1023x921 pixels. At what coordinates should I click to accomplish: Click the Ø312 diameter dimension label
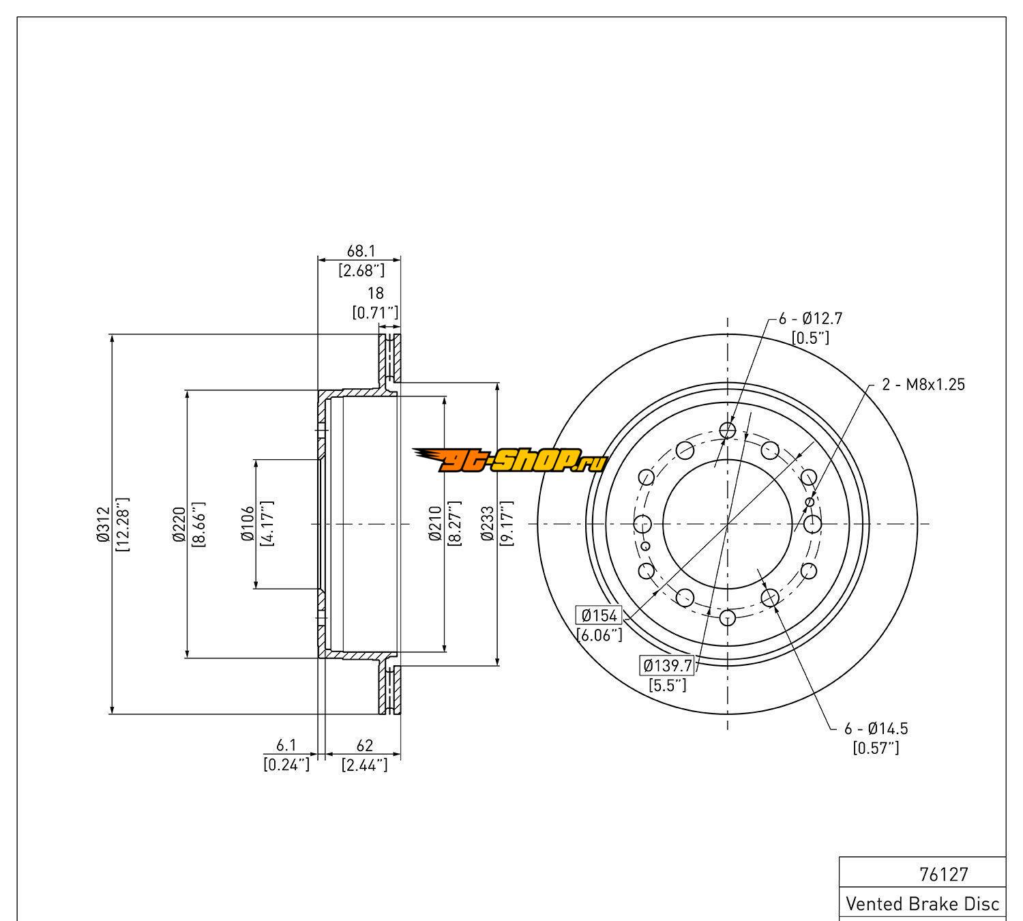tap(103, 525)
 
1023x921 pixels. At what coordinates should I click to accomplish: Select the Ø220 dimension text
tap(179, 525)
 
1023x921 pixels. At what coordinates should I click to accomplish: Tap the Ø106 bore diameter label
tap(248, 524)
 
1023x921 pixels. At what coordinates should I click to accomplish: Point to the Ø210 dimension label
tap(436, 525)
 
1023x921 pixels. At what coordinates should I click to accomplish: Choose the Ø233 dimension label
tap(488, 525)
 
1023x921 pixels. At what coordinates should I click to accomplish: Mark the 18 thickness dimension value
tap(376, 293)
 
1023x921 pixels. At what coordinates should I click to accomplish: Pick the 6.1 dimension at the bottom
tap(286, 746)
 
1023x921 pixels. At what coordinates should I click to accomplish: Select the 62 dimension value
tap(364, 746)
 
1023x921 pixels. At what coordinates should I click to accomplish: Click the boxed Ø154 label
tap(599, 615)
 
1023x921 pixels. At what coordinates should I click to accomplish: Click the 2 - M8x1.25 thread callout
tap(923, 385)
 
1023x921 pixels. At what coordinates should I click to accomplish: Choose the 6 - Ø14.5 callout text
tap(876, 729)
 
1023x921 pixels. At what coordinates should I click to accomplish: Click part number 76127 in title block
tap(944, 874)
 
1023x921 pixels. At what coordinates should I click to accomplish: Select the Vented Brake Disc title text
tap(922, 904)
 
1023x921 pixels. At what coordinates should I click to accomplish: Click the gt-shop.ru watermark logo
tap(509, 461)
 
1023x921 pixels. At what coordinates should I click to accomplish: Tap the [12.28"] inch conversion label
tap(123, 525)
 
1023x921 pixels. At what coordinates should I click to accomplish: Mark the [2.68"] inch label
tap(361, 271)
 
